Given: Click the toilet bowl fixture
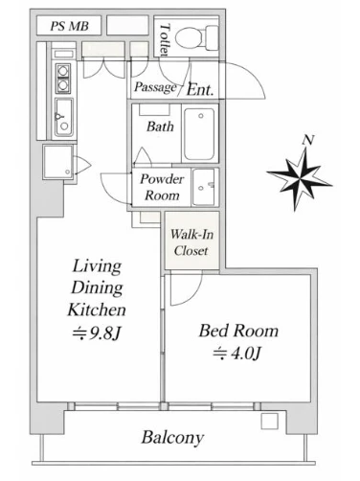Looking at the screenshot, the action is [x=196, y=37].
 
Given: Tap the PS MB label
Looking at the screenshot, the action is [x=69, y=26].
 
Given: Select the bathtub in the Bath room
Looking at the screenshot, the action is [x=199, y=134].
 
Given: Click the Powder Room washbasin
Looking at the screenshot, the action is [x=204, y=187].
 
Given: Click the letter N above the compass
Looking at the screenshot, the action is [x=308, y=140].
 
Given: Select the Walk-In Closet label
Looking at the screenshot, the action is [x=191, y=242].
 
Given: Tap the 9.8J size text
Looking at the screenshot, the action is [x=97, y=333].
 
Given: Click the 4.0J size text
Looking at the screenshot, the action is [x=237, y=354].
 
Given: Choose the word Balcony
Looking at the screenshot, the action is [x=172, y=438].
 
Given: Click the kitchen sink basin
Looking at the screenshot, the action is [x=63, y=117].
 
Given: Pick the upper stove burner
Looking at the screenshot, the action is [x=63, y=70].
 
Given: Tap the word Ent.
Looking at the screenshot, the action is [x=200, y=90].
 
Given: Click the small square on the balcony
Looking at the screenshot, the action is [x=270, y=422].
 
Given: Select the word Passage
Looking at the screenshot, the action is [x=155, y=87].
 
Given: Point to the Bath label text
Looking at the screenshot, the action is [x=160, y=126].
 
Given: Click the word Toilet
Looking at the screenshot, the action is [x=165, y=39].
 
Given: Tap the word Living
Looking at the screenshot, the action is [x=97, y=266].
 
